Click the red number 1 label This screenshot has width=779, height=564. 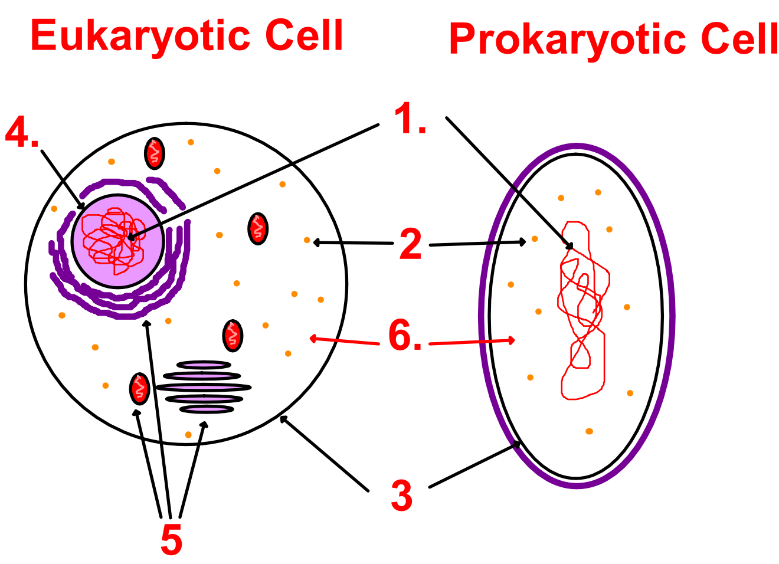coord(410,118)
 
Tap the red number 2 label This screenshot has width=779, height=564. coord(411,244)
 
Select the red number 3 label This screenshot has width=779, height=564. coord(402,495)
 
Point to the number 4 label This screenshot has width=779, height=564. coord(22,132)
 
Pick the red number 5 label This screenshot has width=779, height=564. coord(172,539)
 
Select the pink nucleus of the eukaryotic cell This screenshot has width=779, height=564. coord(118,241)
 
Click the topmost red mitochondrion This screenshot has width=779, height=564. coord(155,153)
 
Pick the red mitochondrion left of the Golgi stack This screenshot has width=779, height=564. coord(139,389)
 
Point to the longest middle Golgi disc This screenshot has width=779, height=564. coord(204,387)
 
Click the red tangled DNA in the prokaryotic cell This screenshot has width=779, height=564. coord(584,310)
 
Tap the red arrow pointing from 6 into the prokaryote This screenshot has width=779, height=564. coord(472,342)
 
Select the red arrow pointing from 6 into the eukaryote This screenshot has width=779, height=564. coord(344,341)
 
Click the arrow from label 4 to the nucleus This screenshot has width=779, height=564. coord(63,180)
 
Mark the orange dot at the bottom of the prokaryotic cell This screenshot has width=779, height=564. coord(589,431)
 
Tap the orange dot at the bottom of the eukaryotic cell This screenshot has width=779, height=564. coord(188,435)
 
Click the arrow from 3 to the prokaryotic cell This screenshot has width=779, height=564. coord(475,464)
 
